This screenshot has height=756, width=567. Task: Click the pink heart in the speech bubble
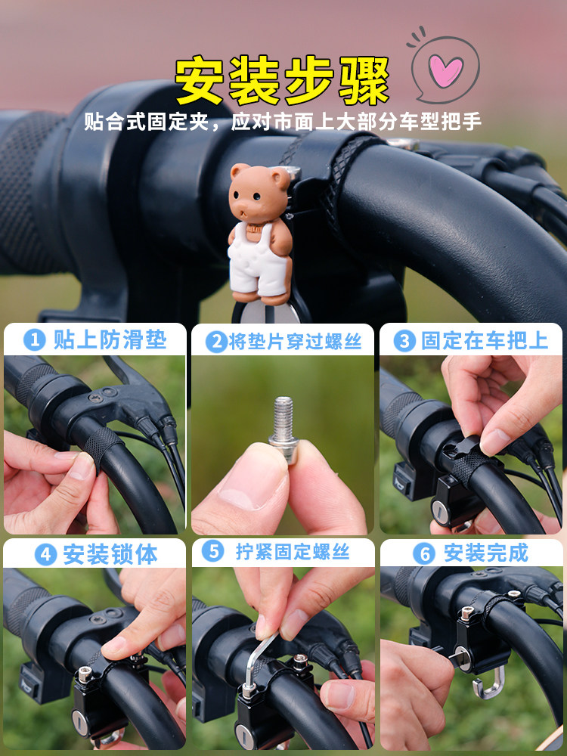(445, 70)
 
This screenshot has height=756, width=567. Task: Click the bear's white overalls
(257, 260)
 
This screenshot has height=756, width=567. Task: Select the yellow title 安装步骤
(282, 80)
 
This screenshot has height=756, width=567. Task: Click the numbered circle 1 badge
(34, 340)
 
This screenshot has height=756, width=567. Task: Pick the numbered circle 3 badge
(404, 341)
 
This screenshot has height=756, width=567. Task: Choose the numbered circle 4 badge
(46, 555)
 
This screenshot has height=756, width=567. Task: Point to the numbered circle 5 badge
(212, 551)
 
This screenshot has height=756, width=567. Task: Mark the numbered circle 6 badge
(424, 554)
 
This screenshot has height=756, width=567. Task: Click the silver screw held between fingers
(284, 428)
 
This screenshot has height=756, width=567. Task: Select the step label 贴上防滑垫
(110, 340)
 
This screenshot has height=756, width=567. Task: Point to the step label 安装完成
(486, 553)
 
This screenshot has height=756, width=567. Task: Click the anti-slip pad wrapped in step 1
(101, 447)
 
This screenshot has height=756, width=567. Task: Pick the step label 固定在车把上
(485, 341)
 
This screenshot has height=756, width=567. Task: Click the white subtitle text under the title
(283, 122)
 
